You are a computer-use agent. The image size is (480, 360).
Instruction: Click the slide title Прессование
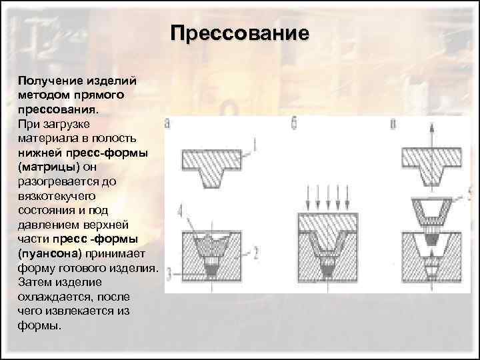[x=239, y=33]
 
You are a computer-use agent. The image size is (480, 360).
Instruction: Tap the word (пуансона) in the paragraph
[x=47, y=254]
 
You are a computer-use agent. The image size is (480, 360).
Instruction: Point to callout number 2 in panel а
[x=255, y=251]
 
